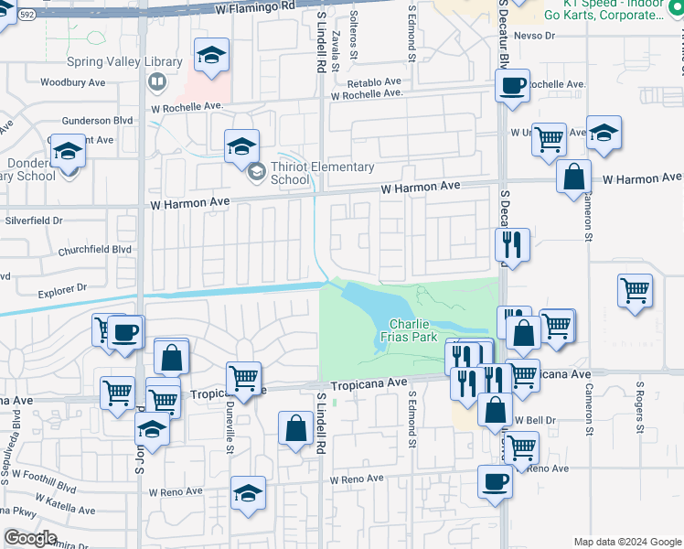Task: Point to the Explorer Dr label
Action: coord(62,288)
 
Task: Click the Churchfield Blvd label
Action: coord(95,249)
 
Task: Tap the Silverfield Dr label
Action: coord(34,221)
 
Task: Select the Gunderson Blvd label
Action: coord(98,121)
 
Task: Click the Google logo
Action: coord(29,538)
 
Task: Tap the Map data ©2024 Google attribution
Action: coord(627,542)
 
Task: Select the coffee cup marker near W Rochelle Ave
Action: coord(512,88)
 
